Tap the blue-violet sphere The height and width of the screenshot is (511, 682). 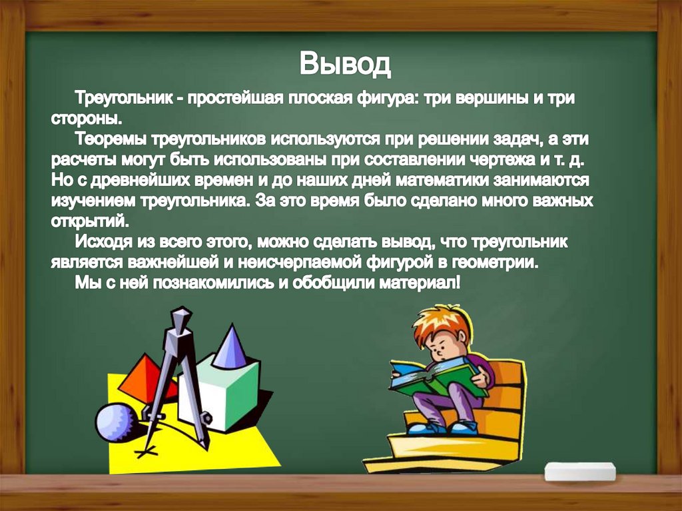click(x=115, y=420)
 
